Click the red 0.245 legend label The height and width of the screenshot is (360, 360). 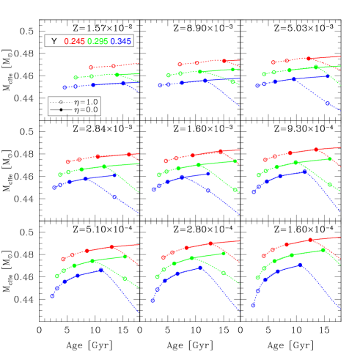[75, 42]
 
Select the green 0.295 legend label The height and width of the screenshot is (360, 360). [98, 42]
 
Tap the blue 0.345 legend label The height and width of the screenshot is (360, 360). [121, 42]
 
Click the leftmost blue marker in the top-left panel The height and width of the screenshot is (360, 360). [65, 87]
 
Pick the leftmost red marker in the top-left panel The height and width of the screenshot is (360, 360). [91, 67]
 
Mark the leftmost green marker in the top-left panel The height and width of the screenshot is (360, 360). [76, 78]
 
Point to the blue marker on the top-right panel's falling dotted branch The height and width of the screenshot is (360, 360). [327, 103]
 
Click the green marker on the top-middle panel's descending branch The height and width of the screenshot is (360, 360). [232, 81]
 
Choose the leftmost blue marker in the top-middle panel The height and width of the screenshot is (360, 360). [160, 86]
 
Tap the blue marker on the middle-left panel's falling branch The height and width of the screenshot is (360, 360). [114, 196]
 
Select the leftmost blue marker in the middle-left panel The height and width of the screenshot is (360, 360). [54, 188]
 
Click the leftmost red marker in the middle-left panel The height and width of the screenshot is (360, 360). [67, 161]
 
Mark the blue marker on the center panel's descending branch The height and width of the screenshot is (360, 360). [208, 191]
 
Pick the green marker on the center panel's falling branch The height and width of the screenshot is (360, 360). [235, 189]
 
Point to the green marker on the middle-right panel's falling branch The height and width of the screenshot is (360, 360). [329, 185]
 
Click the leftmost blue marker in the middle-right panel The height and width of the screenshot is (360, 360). [254, 192]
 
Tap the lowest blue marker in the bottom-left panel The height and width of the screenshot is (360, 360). [52, 296]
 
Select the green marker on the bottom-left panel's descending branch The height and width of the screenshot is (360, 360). [125, 279]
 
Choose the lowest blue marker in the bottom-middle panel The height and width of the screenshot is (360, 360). [153, 301]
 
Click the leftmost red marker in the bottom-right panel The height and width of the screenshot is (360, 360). [263, 256]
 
